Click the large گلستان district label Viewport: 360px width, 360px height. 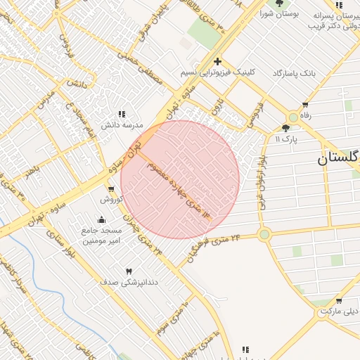coord(338,158)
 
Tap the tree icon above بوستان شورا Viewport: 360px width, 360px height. coord(279,4)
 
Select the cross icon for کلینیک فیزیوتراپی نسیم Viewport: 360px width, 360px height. coord(218,61)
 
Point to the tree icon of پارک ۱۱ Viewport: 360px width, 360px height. coord(285,128)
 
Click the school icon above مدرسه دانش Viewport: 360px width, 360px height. coord(122,114)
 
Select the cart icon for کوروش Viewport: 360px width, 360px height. coord(111,189)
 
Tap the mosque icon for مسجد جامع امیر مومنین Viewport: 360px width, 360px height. coord(101,219)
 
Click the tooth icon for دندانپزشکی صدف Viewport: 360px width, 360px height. coord(129,271)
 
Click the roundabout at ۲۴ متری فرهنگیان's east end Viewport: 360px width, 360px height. coord(264,234)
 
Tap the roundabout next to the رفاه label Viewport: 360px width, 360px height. coord(292,117)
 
